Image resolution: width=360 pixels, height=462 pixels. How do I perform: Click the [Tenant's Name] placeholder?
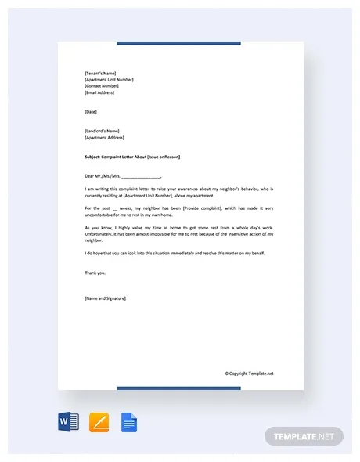[99, 73]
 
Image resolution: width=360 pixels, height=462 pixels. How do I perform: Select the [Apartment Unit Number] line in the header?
[109, 79]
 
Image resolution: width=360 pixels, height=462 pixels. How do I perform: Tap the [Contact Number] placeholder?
[102, 85]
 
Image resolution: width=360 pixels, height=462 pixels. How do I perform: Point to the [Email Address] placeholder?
[99, 92]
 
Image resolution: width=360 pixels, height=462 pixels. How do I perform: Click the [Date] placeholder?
[91, 111]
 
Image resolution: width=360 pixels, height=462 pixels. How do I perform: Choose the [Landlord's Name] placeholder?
[101, 130]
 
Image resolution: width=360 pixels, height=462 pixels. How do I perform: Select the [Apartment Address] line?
[104, 137]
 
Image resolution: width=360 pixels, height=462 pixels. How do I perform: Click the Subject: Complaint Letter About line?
[131, 157]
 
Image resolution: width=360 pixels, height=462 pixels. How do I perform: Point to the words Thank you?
[94, 273]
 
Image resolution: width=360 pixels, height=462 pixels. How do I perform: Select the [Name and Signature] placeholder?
[105, 298]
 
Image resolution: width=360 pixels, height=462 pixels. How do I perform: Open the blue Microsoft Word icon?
[68, 423]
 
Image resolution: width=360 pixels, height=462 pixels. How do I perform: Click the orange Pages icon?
[99, 423]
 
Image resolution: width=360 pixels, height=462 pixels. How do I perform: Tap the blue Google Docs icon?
[129, 423]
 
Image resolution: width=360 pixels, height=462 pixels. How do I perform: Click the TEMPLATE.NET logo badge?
[304, 435]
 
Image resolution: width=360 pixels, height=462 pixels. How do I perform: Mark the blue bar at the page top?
[179, 43]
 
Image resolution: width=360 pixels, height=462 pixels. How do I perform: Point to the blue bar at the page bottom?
[179, 388]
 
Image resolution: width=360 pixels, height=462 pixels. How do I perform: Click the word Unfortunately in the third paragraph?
[102, 233]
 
